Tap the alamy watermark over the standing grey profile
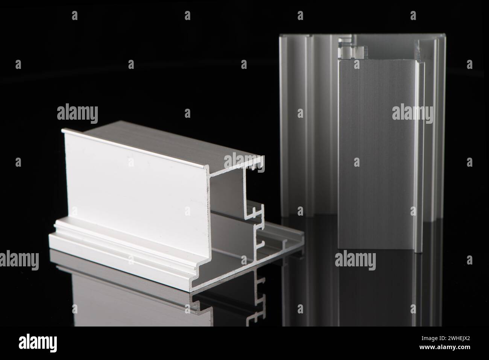click(x=412, y=112)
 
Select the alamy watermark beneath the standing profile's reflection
click(x=355, y=260)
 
